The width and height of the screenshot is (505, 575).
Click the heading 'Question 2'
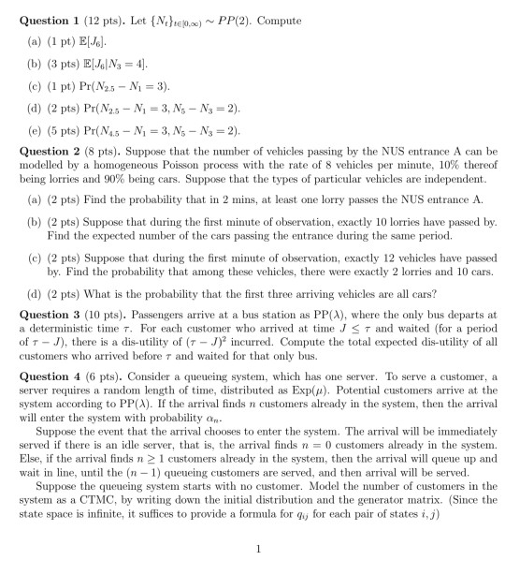pos(39,150)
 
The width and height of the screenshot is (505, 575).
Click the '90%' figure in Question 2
pos(98,176)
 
